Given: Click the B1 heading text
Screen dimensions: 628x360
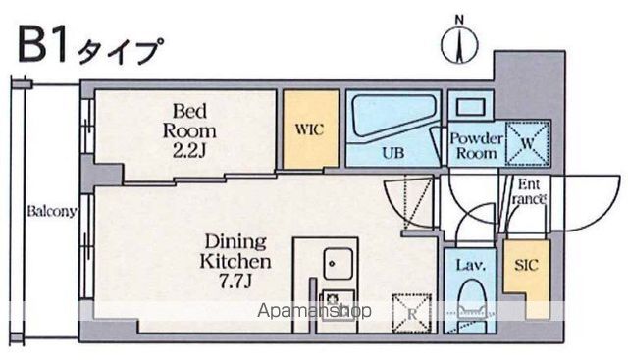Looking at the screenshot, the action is tap(42, 45).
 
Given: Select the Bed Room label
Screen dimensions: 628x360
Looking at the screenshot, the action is tap(189, 121).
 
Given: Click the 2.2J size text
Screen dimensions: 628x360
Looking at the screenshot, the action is tap(189, 150).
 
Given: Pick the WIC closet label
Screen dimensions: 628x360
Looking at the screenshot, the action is tap(310, 129).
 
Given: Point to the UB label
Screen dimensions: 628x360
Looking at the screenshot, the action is tap(392, 153).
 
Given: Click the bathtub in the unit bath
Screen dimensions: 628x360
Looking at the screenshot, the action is tap(392, 117).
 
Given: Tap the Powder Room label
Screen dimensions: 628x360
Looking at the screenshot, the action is tap(476, 146).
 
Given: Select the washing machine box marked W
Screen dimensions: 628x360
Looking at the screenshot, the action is tap(527, 143).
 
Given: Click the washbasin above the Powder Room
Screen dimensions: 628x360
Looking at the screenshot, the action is tap(471, 107).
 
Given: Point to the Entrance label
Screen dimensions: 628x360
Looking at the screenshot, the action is tap(529, 191).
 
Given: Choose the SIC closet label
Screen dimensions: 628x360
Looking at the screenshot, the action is tap(526, 265).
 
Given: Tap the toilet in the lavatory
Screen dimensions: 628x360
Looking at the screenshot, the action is tap(471, 304).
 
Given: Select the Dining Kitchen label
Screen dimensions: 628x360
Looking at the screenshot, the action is tap(235, 251).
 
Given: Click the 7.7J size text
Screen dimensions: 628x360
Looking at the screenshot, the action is tap(235, 282).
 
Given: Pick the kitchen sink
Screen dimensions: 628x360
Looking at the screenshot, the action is tap(339, 264).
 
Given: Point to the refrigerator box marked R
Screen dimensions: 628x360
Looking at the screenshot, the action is tap(412, 314).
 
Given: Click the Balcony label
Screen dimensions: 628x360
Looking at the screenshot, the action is tap(52, 211).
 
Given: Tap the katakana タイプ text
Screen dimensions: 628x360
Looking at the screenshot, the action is tap(121, 51).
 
